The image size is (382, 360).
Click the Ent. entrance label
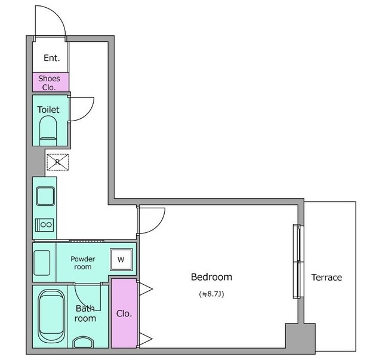[x=52, y=58]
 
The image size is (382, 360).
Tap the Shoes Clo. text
[x=49, y=83]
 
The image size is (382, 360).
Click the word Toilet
[x=48, y=110]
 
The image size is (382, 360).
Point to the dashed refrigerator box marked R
[x=57, y=162]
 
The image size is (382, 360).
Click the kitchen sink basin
[x=45, y=196]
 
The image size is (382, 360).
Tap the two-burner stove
[x=44, y=224]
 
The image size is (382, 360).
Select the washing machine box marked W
[x=121, y=260]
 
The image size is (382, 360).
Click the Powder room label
[x=83, y=263]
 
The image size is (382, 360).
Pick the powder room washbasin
[x=42, y=263]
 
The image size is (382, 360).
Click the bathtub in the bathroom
[x=51, y=316]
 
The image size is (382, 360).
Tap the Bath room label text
[x=85, y=313]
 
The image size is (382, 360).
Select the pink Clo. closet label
[x=124, y=313]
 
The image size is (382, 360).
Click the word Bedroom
[x=211, y=277]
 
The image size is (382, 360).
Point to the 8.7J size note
[x=211, y=294]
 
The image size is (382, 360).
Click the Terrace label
[x=326, y=278]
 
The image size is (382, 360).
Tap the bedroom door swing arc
[x=158, y=226]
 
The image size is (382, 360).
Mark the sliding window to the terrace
[x=298, y=261]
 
